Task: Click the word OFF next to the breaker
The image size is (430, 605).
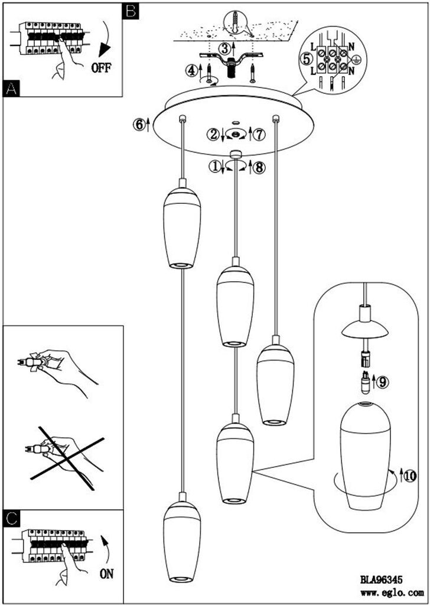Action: tap(101, 68)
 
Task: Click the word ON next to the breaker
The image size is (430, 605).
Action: tap(106, 574)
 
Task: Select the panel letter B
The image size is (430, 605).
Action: tap(131, 11)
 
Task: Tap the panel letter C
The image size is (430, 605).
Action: tap(11, 518)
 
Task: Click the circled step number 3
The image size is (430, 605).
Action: tap(224, 48)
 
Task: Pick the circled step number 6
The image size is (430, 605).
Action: tap(139, 124)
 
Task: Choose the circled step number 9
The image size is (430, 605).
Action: tap(383, 382)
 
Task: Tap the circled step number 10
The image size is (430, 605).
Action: tap(411, 477)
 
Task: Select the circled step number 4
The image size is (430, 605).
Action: tap(190, 71)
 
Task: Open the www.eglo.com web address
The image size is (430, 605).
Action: tap(392, 592)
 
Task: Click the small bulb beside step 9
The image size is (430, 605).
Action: tap(365, 382)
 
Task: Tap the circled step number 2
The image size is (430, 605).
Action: tap(213, 134)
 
